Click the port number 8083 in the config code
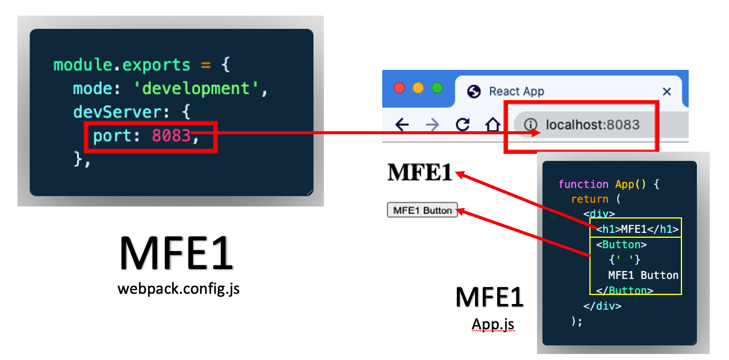tap(171, 137)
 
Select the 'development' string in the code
tap(200, 88)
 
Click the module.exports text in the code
tap(122, 64)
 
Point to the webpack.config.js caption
tap(179, 289)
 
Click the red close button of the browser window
tap(399, 88)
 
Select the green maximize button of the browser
tap(437, 88)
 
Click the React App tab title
tap(516, 92)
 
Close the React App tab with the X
tap(666, 92)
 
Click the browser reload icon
tap(462, 125)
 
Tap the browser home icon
tap(493, 125)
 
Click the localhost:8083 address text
tap(592, 125)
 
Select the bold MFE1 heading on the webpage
tap(420, 173)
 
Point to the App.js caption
tap(492, 324)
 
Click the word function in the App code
tap(583, 184)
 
